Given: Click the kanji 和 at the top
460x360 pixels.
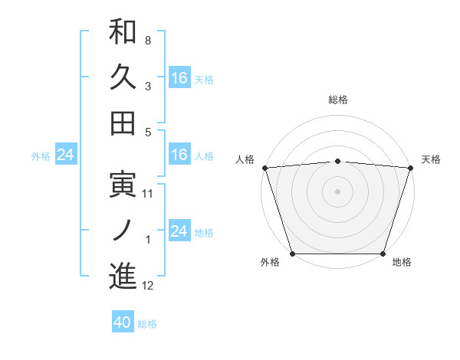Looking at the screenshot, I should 123,31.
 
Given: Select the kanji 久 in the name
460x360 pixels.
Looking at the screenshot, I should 123,77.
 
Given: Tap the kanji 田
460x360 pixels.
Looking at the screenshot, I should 123,123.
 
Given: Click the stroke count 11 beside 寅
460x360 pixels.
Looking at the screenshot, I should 148,194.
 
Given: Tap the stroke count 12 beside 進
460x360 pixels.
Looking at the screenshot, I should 148,286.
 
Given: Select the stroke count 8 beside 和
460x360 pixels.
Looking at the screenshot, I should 148,40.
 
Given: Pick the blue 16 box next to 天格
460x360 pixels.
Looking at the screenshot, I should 179,78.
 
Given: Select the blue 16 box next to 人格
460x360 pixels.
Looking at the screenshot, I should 179,155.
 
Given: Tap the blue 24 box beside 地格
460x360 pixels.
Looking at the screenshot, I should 179,231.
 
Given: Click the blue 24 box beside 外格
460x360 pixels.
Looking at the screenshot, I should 65,155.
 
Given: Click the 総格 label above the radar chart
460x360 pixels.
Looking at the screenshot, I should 337,100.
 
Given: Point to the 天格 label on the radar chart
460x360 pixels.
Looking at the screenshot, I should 431,159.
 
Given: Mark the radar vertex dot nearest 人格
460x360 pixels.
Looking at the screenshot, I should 264,168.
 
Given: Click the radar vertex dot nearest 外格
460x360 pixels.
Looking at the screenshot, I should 293,254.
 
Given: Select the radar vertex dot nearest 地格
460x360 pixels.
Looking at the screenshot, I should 383,254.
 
